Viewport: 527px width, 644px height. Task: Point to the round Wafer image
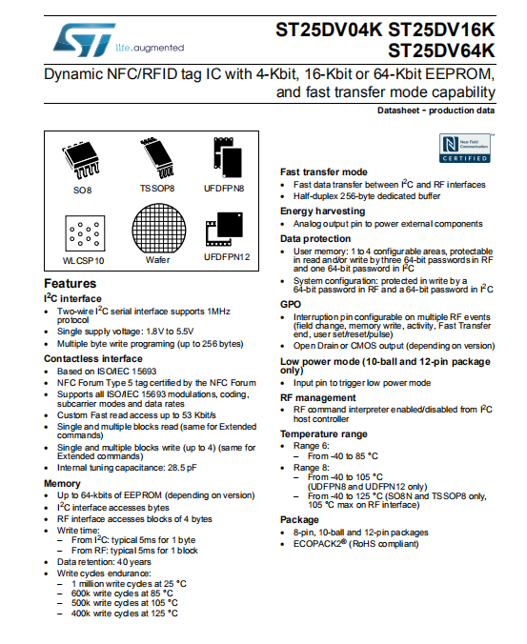pyautogui.click(x=157, y=230)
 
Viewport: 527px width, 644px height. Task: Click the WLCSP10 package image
pyautogui.click(x=84, y=233)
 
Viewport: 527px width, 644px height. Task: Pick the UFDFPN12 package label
pyautogui.click(x=227, y=256)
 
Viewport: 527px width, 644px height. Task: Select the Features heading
pyautogui.click(x=71, y=284)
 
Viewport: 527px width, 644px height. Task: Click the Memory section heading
pyautogui.click(x=62, y=484)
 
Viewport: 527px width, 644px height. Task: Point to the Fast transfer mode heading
pyautogui.click(x=323, y=171)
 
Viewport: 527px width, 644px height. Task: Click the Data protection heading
pyautogui.click(x=316, y=238)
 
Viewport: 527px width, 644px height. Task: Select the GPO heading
pyautogui.click(x=291, y=303)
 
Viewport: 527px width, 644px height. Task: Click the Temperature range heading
pyautogui.click(x=323, y=433)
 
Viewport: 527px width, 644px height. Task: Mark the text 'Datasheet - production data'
pyautogui.click(x=436, y=111)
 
